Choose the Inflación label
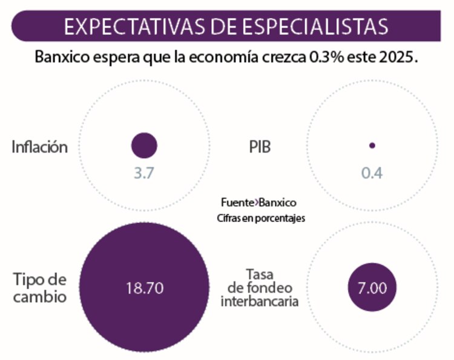coord(40,146)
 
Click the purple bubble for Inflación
coord(144,145)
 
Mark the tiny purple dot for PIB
coord(372,145)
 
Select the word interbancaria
coord(260,301)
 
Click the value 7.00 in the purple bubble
coord(372,289)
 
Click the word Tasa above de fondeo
coord(260,273)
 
